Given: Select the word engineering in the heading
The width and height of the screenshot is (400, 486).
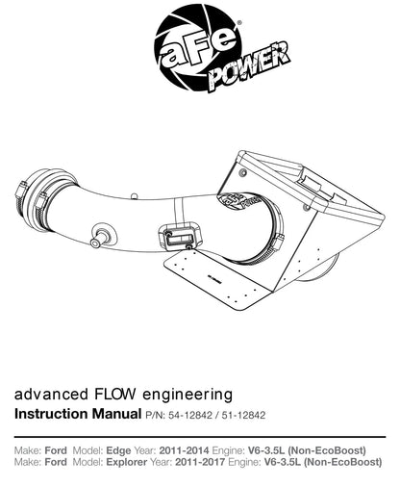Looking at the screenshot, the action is [x=187, y=396].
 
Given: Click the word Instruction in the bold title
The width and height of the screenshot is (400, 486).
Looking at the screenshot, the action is [x=50, y=414].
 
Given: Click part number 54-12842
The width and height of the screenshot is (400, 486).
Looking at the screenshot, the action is [x=190, y=416].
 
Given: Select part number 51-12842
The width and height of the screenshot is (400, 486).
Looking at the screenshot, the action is [x=243, y=416].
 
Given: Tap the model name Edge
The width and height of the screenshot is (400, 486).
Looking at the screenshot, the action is [x=118, y=451].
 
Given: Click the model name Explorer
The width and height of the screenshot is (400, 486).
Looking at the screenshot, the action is [x=127, y=462].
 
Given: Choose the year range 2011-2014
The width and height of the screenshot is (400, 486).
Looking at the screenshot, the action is [x=184, y=450].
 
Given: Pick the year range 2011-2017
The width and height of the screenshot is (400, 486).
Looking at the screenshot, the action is [x=200, y=462].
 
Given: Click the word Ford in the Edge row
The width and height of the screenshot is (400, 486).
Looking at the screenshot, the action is [x=56, y=450].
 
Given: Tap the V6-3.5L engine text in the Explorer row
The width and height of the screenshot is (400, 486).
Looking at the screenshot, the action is [x=282, y=462].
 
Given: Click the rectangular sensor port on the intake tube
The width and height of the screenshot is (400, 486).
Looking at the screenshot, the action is [x=180, y=236].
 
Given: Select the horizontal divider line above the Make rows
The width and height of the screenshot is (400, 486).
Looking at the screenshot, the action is [x=200, y=437].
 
